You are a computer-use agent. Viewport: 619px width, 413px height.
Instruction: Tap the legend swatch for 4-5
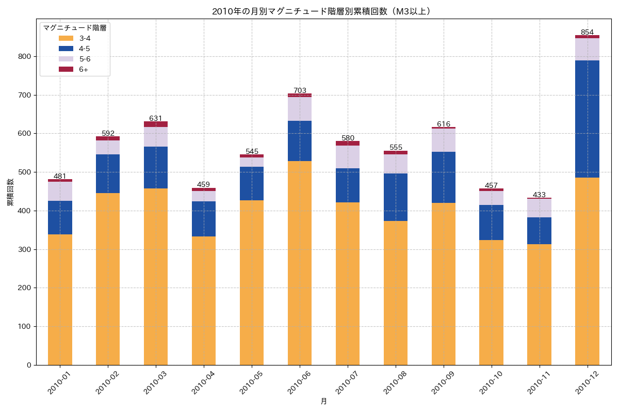point(66,49)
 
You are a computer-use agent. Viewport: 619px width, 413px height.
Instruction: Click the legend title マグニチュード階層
point(75,28)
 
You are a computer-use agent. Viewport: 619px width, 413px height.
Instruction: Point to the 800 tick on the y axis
point(25,56)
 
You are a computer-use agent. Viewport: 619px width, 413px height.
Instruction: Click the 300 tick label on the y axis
point(25,249)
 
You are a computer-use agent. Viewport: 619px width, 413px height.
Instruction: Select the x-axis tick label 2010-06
point(300,383)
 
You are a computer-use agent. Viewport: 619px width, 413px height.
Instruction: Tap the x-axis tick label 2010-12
point(587,383)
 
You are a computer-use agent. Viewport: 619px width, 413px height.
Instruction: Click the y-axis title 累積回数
point(10,192)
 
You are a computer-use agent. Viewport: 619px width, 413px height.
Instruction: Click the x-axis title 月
point(323,401)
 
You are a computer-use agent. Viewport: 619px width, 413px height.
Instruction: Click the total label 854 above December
point(587,32)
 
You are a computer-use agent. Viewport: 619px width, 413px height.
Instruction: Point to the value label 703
point(300,90)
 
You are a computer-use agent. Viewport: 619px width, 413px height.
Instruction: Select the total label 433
point(539,195)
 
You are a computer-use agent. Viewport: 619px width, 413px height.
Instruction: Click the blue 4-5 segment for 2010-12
point(587,119)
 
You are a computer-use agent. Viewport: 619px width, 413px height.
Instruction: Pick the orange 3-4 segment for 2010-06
point(300,263)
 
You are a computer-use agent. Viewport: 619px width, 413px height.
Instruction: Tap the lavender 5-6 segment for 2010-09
point(444,140)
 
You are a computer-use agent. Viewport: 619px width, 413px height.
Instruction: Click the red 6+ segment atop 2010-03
point(156,124)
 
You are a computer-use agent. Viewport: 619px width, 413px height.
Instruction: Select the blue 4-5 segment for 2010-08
point(396,197)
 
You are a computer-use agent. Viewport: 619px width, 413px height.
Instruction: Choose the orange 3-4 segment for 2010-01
point(60,299)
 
